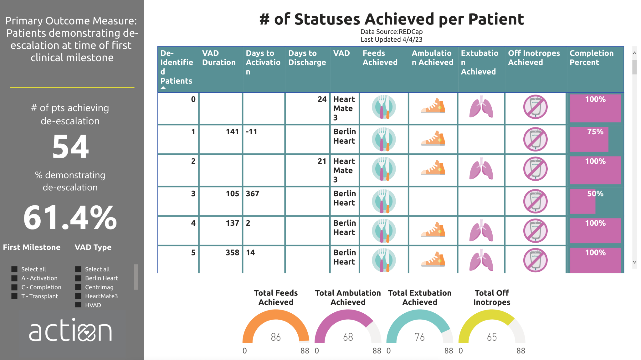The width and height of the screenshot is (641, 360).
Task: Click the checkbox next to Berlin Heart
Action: (78, 278)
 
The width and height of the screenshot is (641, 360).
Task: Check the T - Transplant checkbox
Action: (14, 296)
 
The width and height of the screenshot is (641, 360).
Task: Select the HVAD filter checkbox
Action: (78, 305)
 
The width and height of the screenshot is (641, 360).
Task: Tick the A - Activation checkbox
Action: (14, 278)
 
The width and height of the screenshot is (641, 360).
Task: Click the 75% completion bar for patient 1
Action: (589, 139)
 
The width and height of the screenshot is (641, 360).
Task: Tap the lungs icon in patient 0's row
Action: (481, 107)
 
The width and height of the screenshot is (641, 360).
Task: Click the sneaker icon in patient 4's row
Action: (433, 231)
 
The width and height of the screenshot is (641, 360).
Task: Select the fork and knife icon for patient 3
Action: (384, 201)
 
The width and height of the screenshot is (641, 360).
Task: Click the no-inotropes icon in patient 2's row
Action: (535, 169)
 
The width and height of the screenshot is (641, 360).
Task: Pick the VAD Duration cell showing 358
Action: (232, 253)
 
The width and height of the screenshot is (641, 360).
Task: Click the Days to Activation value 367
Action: (253, 194)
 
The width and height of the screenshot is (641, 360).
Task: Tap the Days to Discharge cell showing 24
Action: (322, 100)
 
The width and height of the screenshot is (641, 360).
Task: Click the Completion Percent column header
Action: (591, 58)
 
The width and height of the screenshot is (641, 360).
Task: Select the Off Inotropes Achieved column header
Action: (534, 58)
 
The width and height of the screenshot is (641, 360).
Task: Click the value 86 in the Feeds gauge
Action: (276, 337)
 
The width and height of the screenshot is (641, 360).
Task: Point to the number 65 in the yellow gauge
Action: (492, 337)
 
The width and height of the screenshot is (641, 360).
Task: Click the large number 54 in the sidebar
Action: (71, 147)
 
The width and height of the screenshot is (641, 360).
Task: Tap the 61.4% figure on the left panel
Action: (70, 218)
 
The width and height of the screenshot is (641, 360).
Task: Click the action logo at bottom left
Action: (71, 331)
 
